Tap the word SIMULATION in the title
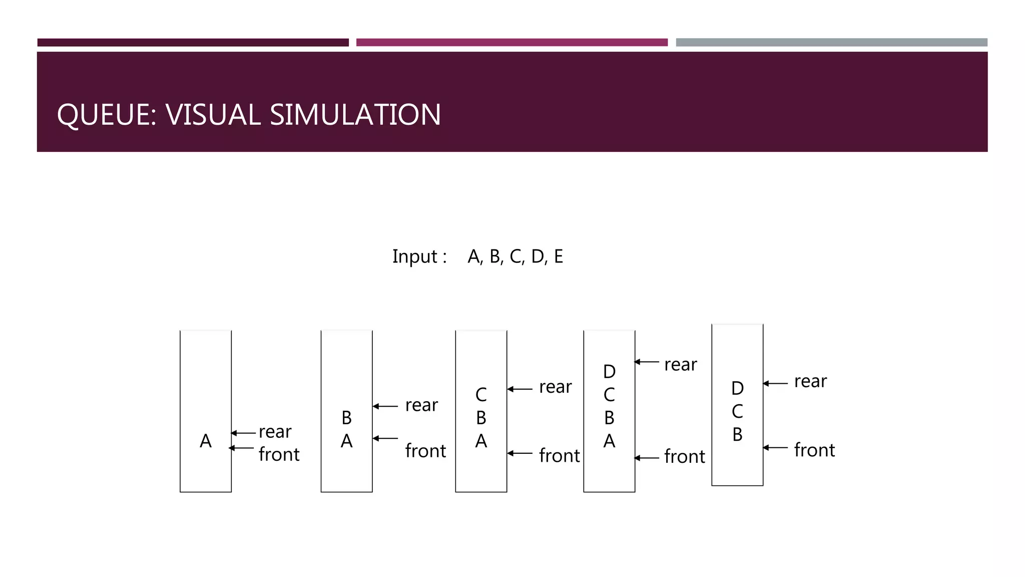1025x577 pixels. (355, 115)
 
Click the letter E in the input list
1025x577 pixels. (559, 256)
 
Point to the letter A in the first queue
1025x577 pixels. (206, 441)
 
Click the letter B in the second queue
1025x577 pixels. (346, 418)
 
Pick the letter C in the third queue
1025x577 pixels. (481, 395)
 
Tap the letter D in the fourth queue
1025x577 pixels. (609, 372)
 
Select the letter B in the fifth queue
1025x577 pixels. (737, 435)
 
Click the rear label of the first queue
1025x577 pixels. (275, 432)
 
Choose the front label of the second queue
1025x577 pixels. (425, 451)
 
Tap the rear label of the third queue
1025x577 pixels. (555, 387)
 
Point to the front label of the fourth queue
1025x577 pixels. (684, 457)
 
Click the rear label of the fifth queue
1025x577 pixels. (810, 382)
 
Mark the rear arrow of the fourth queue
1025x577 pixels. (647, 362)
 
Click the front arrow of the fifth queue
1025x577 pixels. (775, 447)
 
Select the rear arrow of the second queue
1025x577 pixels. (385, 406)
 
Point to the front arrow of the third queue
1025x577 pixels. (520, 453)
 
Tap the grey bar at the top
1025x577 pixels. (831, 43)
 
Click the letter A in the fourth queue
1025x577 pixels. (609, 441)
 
